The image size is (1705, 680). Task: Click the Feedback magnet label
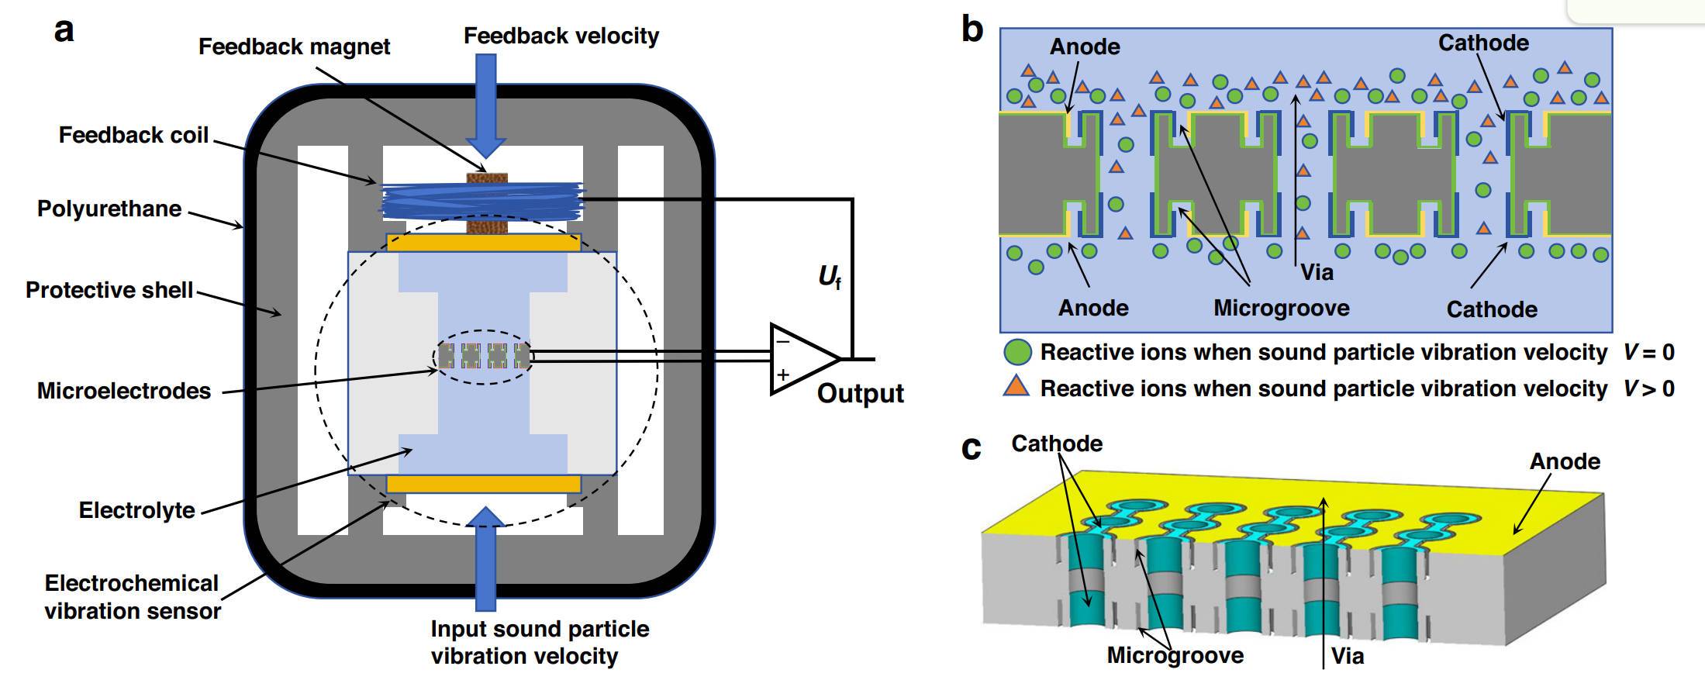(294, 47)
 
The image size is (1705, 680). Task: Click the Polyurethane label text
(109, 209)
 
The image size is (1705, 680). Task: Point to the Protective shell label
(109, 290)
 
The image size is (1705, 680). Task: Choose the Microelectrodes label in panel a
(124, 391)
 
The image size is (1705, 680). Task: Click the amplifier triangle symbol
(803, 359)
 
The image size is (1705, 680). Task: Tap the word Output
(860, 393)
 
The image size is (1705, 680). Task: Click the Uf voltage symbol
(829, 277)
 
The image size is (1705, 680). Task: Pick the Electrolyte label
(137, 510)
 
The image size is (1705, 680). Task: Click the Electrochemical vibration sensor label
(132, 597)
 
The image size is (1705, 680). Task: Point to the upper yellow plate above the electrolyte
(484, 243)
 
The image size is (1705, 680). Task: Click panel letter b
(972, 29)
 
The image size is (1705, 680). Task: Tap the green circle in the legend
(1017, 353)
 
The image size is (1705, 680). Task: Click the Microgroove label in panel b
(1281, 308)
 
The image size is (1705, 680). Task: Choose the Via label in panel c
(1348, 656)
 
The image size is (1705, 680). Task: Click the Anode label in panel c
(1565, 461)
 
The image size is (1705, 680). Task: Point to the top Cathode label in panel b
(1483, 43)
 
